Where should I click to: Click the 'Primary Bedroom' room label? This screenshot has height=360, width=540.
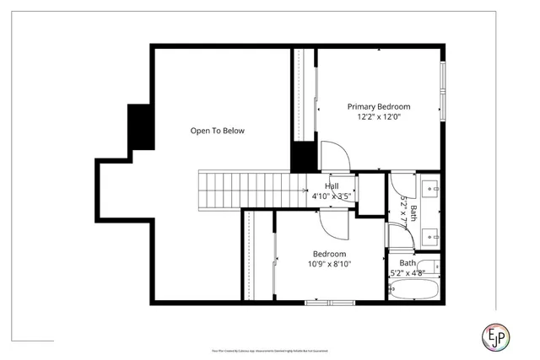[x=379, y=106]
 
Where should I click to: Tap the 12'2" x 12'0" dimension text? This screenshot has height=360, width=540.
[x=379, y=117]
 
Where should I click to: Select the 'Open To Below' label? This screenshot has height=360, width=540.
[x=217, y=131]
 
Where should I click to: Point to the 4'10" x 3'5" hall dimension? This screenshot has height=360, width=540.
[x=332, y=196]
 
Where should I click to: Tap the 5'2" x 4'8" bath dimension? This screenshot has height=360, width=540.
[x=408, y=273]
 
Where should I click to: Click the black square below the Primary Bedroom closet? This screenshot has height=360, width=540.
[x=302, y=157]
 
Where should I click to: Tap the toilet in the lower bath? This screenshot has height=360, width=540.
[x=431, y=267]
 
